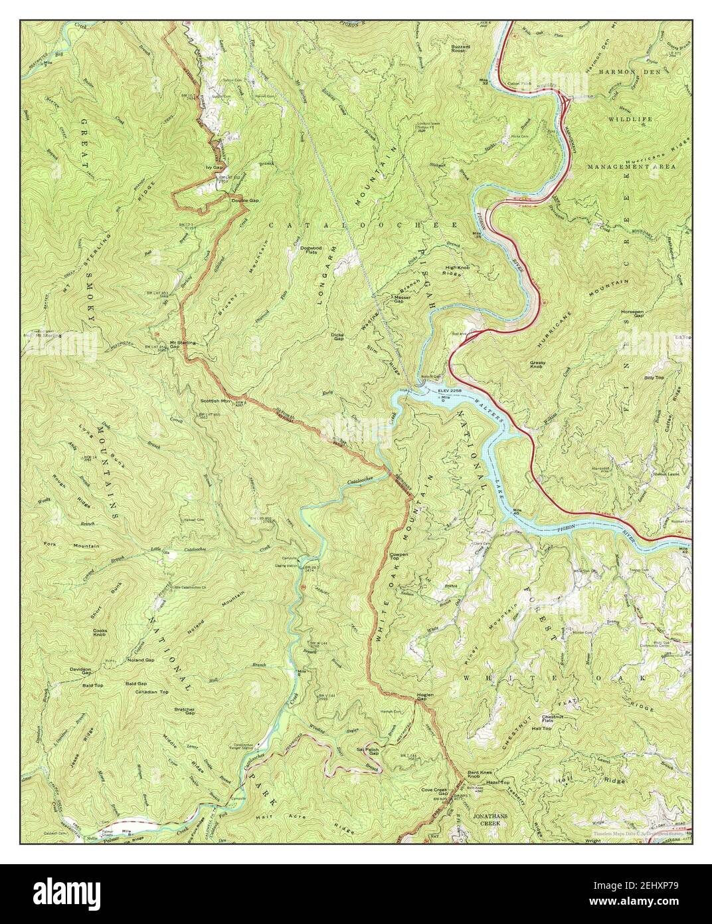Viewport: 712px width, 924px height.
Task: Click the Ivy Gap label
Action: tap(213, 168)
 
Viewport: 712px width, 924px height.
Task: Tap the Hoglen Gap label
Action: tap(425, 697)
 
